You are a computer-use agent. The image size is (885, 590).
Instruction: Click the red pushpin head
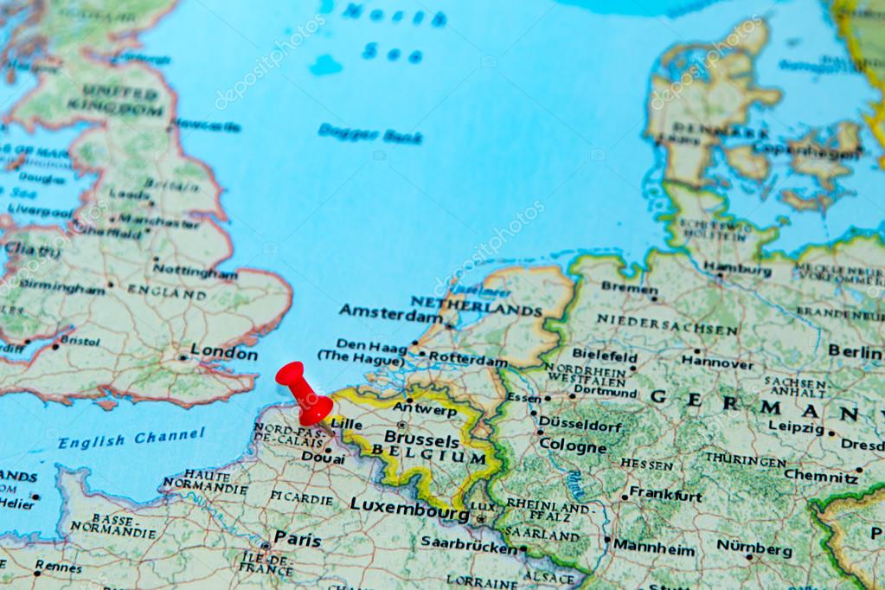pyautogui.click(x=292, y=379)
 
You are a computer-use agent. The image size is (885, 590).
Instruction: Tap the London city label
pyautogui.click(x=224, y=353)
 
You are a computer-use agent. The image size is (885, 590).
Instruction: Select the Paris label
pyautogui.click(x=298, y=539)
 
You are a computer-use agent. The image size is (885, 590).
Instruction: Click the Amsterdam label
pyautogui.click(x=390, y=312)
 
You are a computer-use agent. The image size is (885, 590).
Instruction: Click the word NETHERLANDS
pyautogui.click(x=476, y=305)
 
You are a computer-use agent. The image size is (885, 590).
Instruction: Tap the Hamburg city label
pyautogui.click(x=737, y=269)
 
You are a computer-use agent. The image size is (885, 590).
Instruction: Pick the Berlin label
pyautogui.click(x=855, y=350)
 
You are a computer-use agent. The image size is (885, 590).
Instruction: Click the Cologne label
pyautogui.click(x=573, y=446)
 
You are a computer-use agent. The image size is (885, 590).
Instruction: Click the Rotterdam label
pyautogui.click(x=468, y=360)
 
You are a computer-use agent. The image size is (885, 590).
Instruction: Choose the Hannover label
pyautogui.click(x=717, y=363)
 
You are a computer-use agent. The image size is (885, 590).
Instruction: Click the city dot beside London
pyautogui.click(x=183, y=356)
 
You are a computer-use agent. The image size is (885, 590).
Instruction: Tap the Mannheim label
pyautogui.click(x=654, y=549)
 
